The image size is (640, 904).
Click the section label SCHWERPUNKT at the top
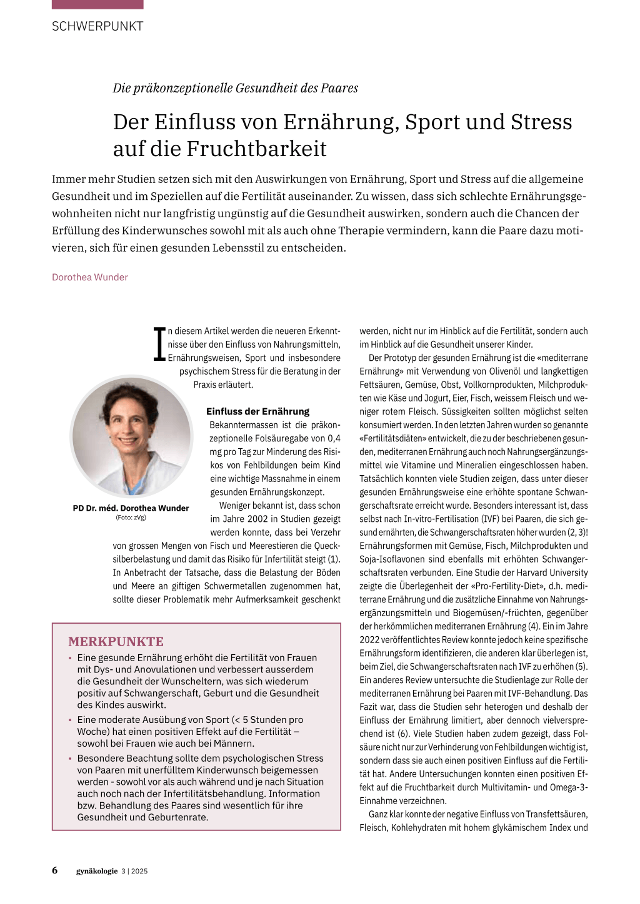[97, 26]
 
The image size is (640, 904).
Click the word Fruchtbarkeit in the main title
[256, 149]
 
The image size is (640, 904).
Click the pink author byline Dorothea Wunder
[90, 277]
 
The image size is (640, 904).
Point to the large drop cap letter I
[159, 344]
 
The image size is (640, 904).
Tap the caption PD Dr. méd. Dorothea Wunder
[131, 508]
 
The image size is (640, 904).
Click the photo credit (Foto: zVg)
[131, 518]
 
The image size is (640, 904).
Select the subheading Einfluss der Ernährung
[257, 411]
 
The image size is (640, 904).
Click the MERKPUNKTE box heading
[116, 642]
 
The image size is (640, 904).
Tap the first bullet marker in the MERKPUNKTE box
[71, 658]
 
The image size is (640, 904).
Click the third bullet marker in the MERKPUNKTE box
[71, 759]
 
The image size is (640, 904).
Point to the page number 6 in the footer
[55, 870]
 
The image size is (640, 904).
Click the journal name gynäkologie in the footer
[97, 871]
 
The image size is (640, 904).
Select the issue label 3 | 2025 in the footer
[134, 871]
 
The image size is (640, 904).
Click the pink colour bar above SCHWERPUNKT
[97, 4]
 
